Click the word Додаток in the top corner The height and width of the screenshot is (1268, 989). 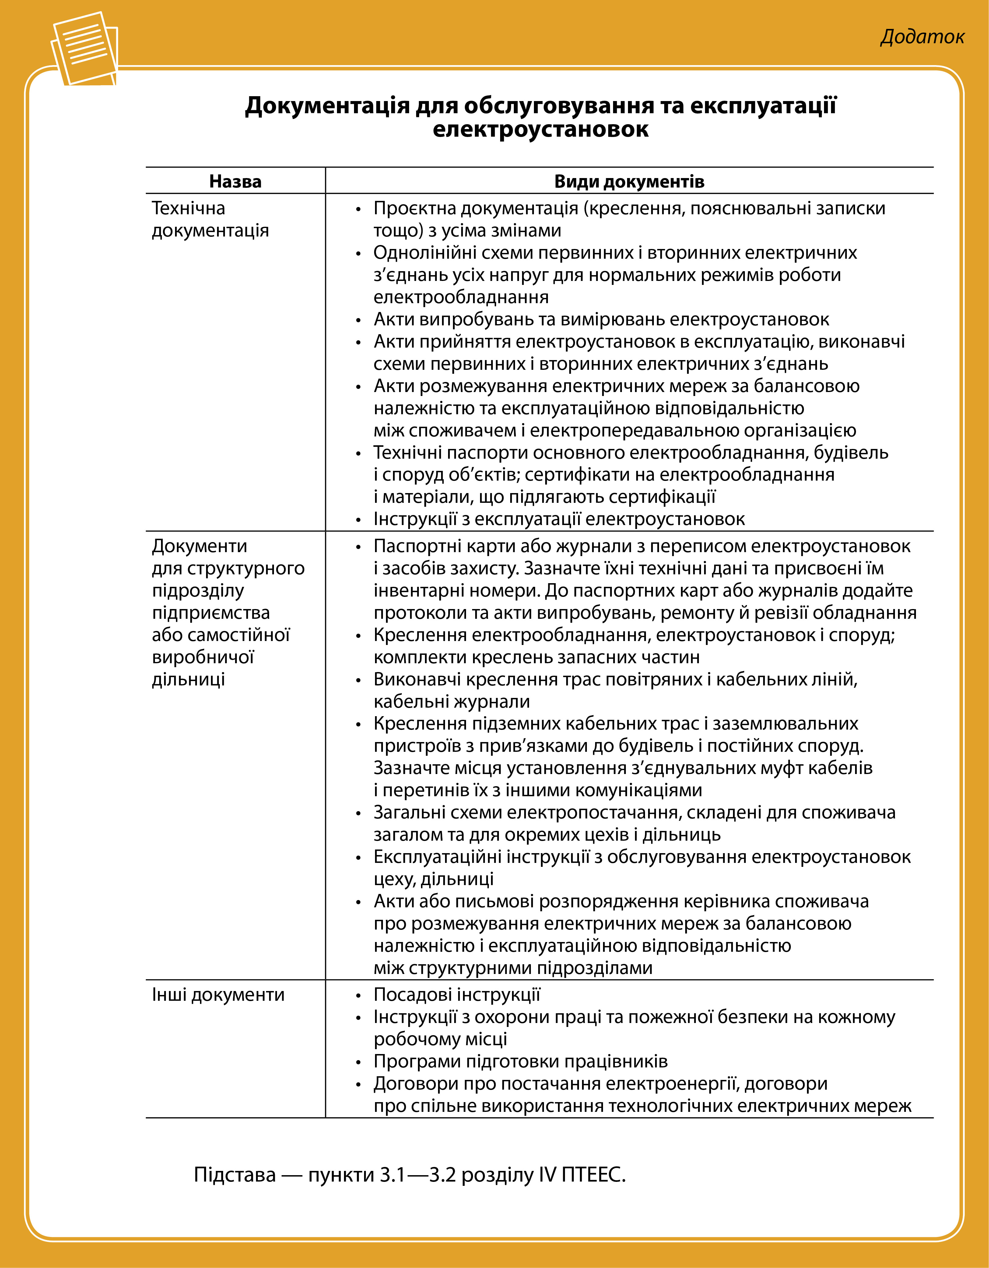point(922,37)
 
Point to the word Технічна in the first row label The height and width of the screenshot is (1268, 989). point(188,208)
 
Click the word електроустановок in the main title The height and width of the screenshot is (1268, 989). point(540,128)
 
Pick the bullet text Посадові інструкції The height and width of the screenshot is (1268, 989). point(457,995)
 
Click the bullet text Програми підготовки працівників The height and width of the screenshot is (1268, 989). point(520,1061)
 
